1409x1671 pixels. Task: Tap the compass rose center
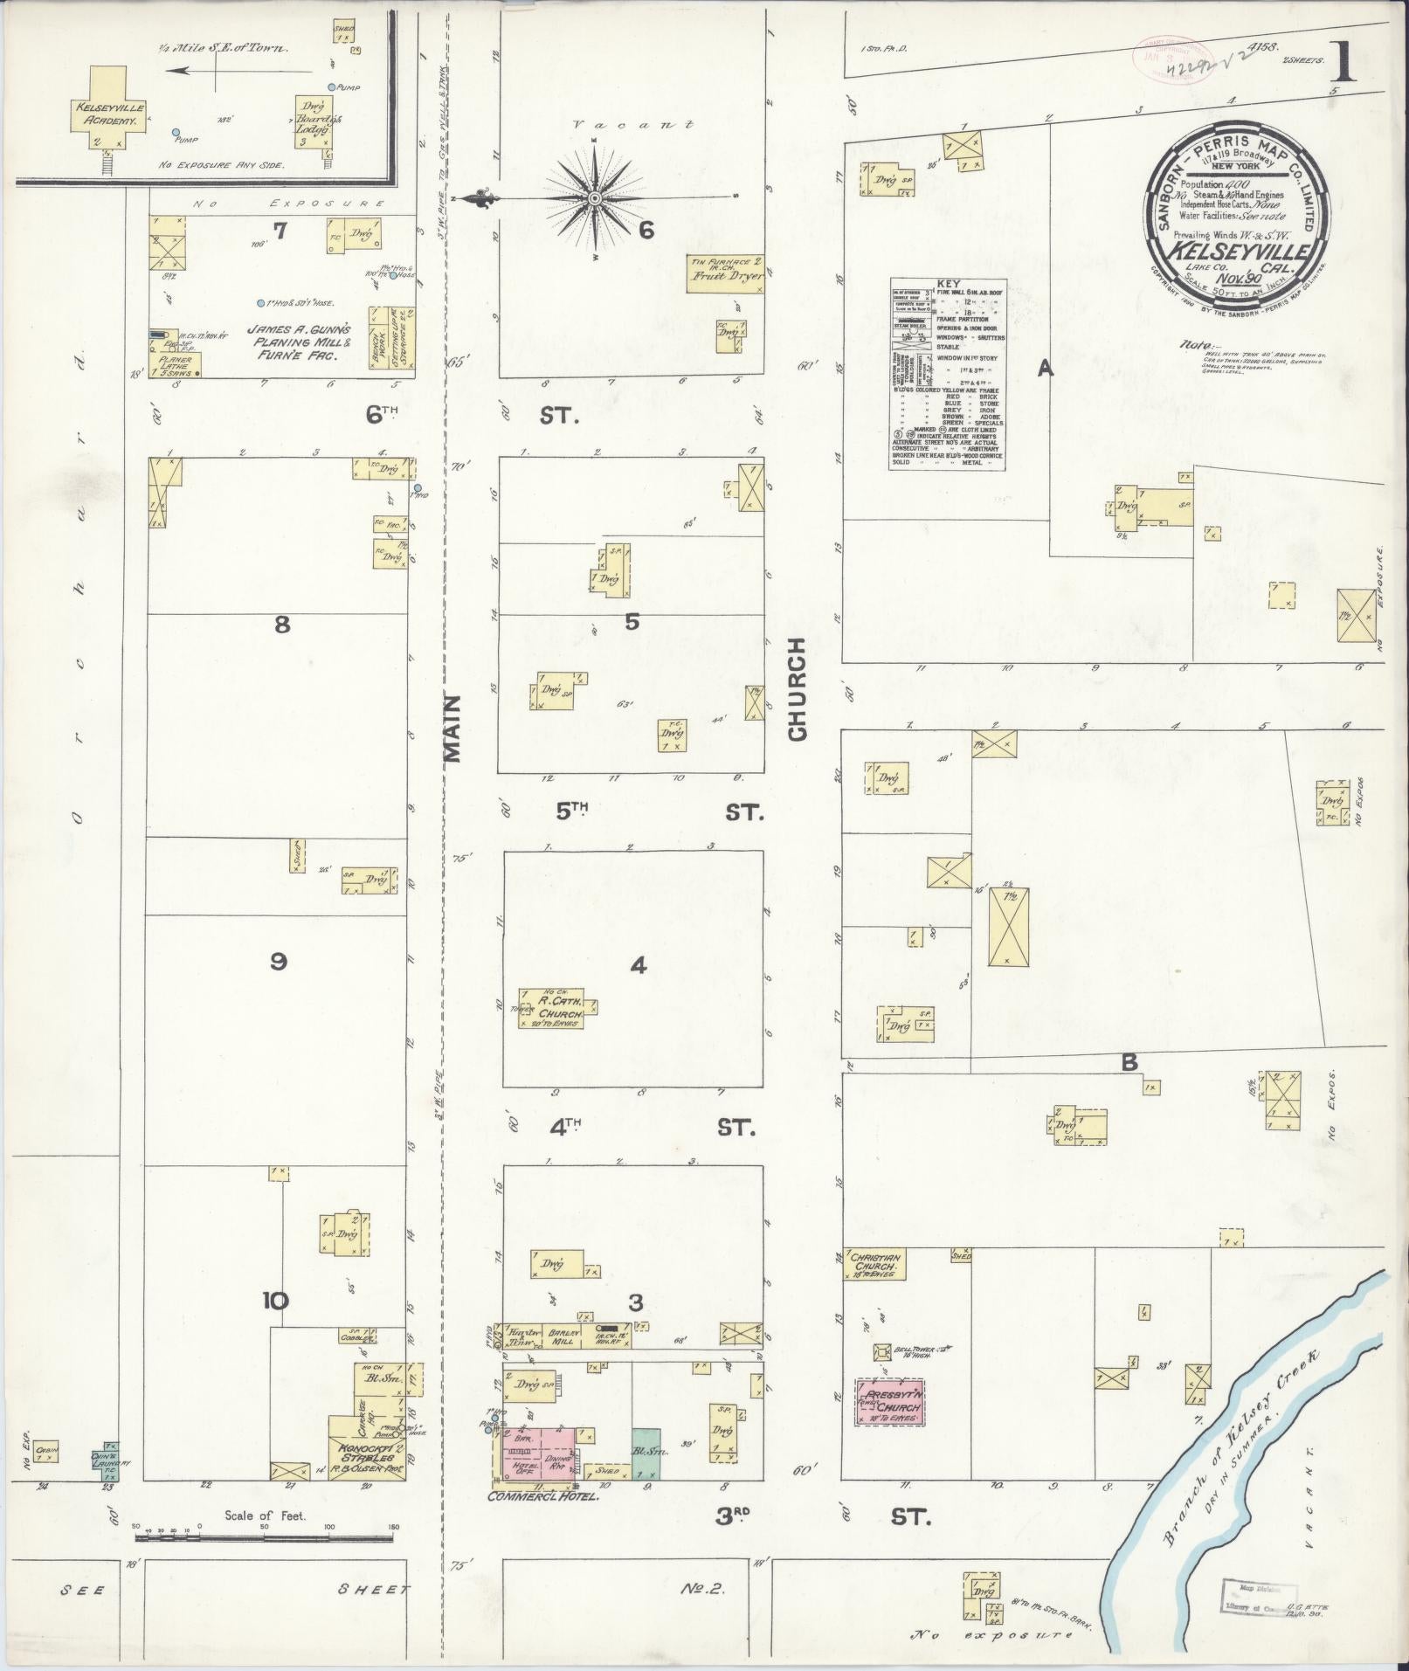click(x=594, y=199)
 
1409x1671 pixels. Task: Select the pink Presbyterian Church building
click(x=890, y=1405)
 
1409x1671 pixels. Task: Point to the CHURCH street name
click(x=797, y=689)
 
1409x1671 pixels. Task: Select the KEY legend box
click(x=948, y=375)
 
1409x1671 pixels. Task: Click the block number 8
click(x=281, y=625)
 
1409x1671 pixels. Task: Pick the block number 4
click(x=639, y=965)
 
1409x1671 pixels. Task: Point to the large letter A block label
click(x=1044, y=369)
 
